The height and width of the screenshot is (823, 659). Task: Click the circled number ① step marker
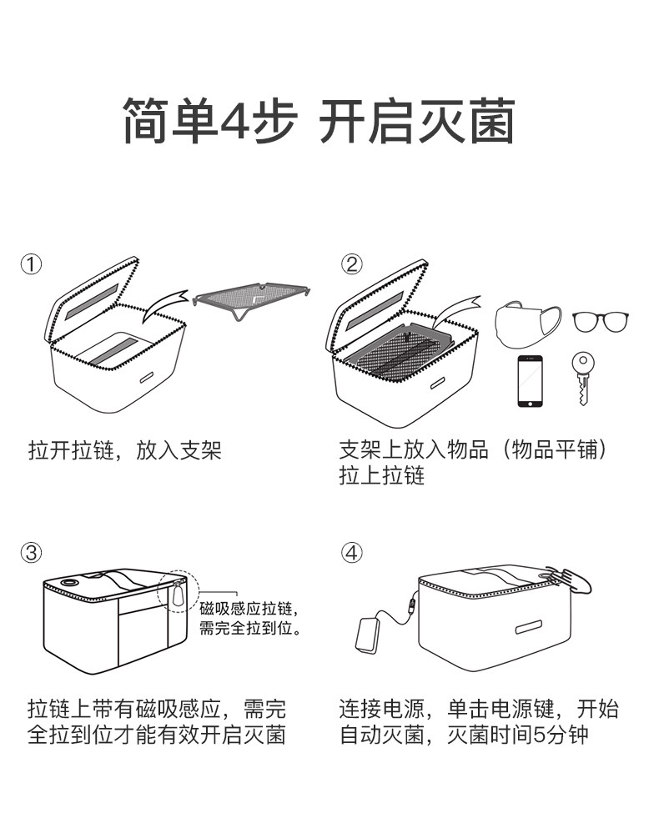[31, 264]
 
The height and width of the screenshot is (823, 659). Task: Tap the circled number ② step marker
[351, 263]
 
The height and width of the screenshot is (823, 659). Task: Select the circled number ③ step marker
[31, 553]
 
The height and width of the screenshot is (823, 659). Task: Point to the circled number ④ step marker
[351, 553]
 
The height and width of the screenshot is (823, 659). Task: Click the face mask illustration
[527, 324]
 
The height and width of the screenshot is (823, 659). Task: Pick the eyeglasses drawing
[600, 321]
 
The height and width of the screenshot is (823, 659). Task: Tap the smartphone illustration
[530, 380]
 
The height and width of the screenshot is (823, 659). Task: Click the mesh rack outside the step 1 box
[251, 299]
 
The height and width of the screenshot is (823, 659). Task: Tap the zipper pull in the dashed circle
[179, 595]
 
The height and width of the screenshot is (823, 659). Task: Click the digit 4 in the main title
[235, 121]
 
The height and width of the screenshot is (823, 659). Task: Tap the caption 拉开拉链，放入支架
[125, 450]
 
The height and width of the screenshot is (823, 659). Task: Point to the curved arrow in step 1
[163, 305]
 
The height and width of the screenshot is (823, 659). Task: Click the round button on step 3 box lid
[68, 583]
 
